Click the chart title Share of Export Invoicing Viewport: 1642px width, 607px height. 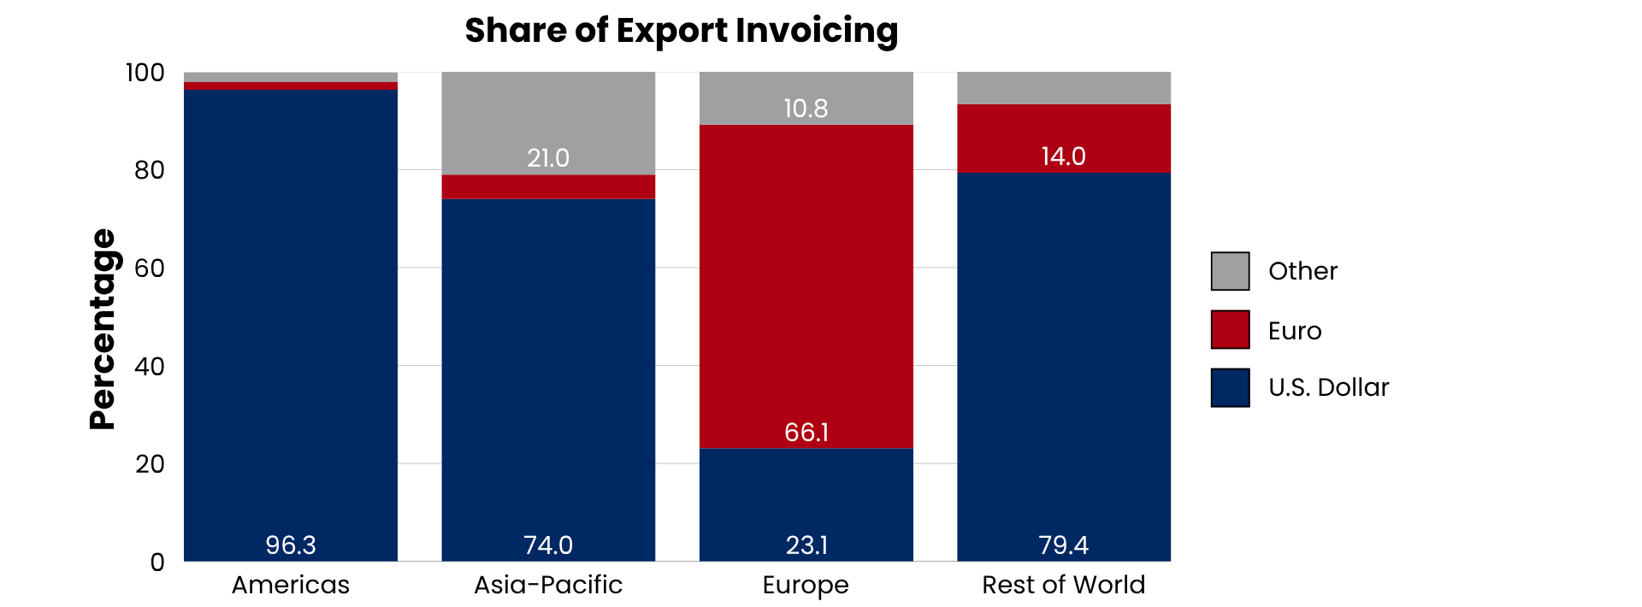pyautogui.click(x=681, y=31)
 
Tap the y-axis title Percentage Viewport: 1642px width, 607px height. pyautogui.click(x=103, y=329)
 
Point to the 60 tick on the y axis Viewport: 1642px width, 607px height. pyautogui.click(x=150, y=268)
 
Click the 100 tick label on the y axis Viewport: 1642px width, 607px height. pyautogui.click(x=145, y=73)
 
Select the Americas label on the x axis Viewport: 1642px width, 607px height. pyautogui.click(x=291, y=585)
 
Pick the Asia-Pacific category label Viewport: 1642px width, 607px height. pyautogui.click(x=548, y=585)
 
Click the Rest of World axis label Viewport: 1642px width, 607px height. pyautogui.click(x=1063, y=585)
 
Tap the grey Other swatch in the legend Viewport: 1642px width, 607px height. pyautogui.click(x=1230, y=271)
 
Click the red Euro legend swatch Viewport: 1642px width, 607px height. pyautogui.click(x=1230, y=330)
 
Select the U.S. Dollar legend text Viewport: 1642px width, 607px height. pyautogui.click(x=1328, y=387)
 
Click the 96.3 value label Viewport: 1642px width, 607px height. pyautogui.click(x=291, y=545)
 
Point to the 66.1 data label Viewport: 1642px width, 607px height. pyautogui.click(x=806, y=432)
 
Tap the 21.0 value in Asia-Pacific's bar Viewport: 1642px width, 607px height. pyautogui.click(x=548, y=158)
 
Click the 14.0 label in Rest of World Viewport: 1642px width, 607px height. pyautogui.click(x=1063, y=156)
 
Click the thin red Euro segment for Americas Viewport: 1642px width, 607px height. pyautogui.click(x=291, y=86)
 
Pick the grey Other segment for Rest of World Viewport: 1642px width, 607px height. pyautogui.click(x=1063, y=88)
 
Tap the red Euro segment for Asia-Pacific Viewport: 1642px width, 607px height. pyautogui.click(x=548, y=187)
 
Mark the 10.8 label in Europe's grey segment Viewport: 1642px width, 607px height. pyautogui.click(x=806, y=109)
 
